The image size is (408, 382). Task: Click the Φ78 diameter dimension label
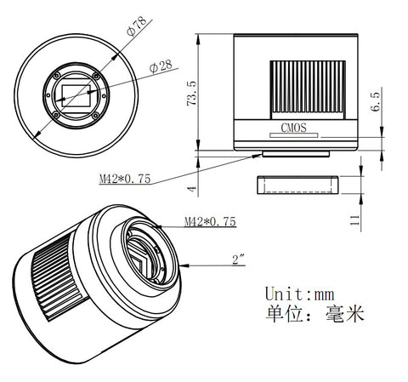(x=137, y=26)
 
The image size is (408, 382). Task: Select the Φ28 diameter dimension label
(x=161, y=66)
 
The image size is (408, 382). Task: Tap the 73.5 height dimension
(x=191, y=94)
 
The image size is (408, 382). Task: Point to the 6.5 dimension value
(x=376, y=102)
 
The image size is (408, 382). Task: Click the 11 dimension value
(x=354, y=220)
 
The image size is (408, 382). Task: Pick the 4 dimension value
(x=192, y=188)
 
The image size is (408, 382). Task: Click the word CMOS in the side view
(x=293, y=128)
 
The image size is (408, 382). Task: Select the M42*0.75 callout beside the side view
(x=125, y=179)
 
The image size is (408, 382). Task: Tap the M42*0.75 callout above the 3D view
(x=210, y=221)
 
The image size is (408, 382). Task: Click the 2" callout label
(x=238, y=259)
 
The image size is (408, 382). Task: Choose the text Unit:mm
(x=299, y=294)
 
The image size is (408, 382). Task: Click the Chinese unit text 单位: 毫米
(x=314, y=314)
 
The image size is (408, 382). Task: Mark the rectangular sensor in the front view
(x=76, y=96)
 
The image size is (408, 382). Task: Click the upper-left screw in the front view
(x=57, y=76)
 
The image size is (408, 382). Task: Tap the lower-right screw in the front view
(x=95, y=116)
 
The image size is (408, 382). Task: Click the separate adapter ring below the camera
(x=297, y=185)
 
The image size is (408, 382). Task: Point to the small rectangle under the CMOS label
(x=294, y=135)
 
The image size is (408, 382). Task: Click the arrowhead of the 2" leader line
(x=184, y=265)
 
